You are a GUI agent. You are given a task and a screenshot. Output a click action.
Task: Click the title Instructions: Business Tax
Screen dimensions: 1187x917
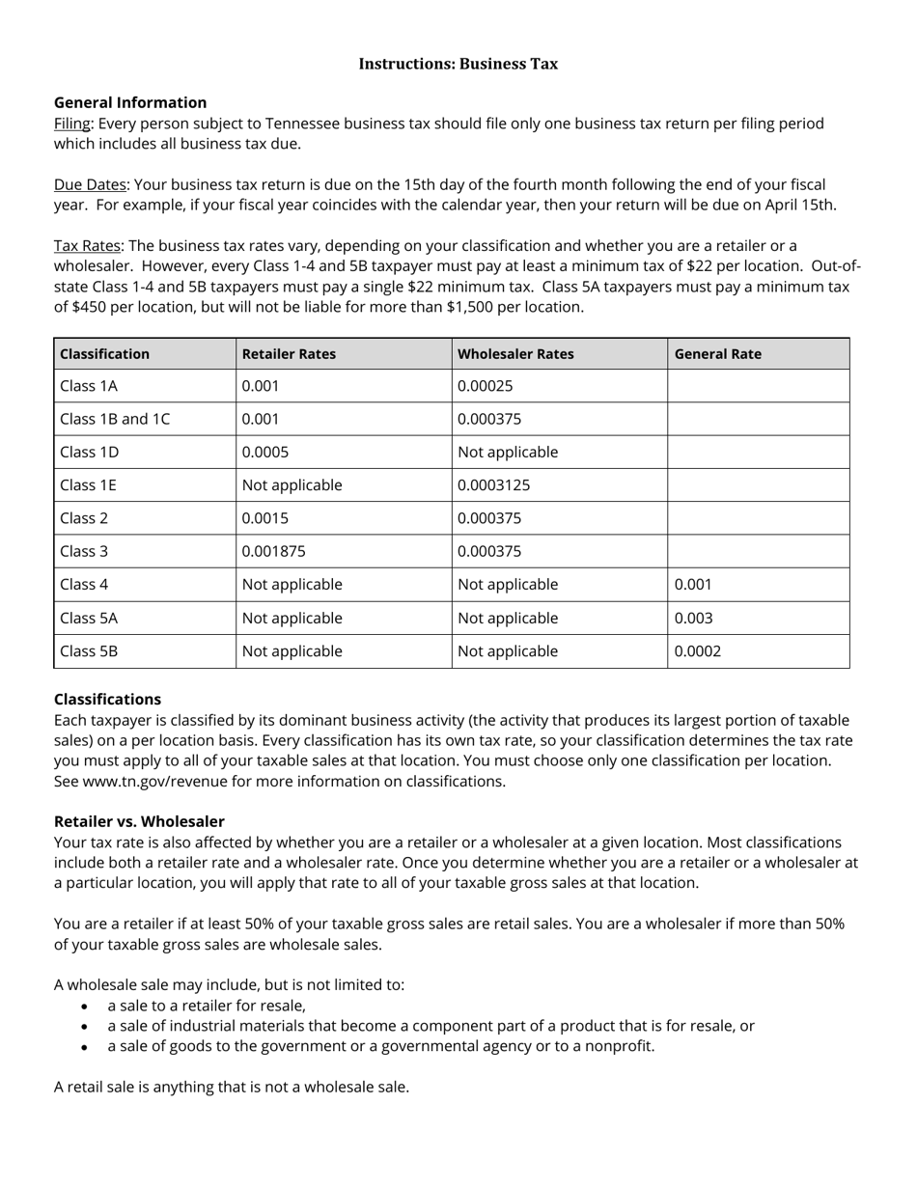click(x=458, y=64)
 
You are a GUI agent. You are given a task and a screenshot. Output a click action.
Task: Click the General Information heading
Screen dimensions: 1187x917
click(x=130, y=102)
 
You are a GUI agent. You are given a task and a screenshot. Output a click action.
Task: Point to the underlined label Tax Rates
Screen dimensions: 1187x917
click(x=87, y=246)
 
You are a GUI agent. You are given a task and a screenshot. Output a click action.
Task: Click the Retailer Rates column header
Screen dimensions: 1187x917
click(x=289, y=354)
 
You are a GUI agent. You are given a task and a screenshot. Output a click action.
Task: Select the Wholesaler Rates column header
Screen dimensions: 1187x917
click(x=515, y=354)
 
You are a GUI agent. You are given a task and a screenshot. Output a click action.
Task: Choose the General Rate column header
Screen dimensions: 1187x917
click(x=717, y=354)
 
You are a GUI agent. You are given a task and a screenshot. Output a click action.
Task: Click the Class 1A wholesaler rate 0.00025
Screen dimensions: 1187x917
click(x=486, y=386)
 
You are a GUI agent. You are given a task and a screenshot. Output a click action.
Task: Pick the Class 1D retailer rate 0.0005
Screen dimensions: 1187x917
click(x=265, y=452)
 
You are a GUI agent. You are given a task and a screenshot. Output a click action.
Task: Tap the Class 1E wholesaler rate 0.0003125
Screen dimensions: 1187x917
click(x=493, y=485)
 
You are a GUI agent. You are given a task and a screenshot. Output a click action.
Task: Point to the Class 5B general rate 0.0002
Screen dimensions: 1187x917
click(x=697, y=651)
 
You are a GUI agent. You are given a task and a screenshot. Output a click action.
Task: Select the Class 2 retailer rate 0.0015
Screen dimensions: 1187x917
click(x=265, y=518)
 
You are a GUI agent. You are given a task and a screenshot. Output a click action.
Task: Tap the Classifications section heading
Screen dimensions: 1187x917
click(x=107, y=699)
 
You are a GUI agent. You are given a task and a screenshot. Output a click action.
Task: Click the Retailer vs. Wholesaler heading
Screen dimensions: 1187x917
click(x=139, y=821)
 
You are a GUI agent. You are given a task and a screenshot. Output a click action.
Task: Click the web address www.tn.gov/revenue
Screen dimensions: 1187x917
click(x=156, y=782)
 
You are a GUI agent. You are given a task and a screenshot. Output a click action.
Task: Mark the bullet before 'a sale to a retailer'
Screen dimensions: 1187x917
click(x=87, y=1007)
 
